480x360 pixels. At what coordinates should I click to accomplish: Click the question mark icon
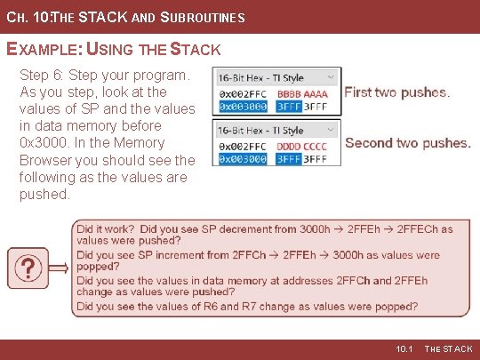tap(28, 268)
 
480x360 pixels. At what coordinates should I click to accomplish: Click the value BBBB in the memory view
tap(290, 93)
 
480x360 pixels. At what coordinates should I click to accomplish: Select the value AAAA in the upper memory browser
tap(316, 93)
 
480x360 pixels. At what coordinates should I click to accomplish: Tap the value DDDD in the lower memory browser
tap(290, 147)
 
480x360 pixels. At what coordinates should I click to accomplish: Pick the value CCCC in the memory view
tap(316, 147)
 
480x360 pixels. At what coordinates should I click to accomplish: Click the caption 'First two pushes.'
tap(396, 92)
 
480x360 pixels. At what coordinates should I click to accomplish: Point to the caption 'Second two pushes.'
tap(407, 143)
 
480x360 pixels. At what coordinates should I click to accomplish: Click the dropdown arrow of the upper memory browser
tap(331, 77)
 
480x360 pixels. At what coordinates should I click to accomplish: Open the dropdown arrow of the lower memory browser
tap(331, 130)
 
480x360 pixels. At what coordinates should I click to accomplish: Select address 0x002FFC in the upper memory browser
tap(243, 93)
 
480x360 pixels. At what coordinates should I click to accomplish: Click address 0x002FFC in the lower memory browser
tap(243, 147)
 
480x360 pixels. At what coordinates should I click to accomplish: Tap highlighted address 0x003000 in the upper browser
tap(243, 105)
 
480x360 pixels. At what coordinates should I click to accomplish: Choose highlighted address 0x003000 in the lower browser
tap(243, 159)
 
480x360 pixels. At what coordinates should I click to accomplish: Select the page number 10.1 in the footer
tap(404, 349)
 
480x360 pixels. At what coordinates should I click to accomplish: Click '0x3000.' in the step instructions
tap(42, 143)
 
